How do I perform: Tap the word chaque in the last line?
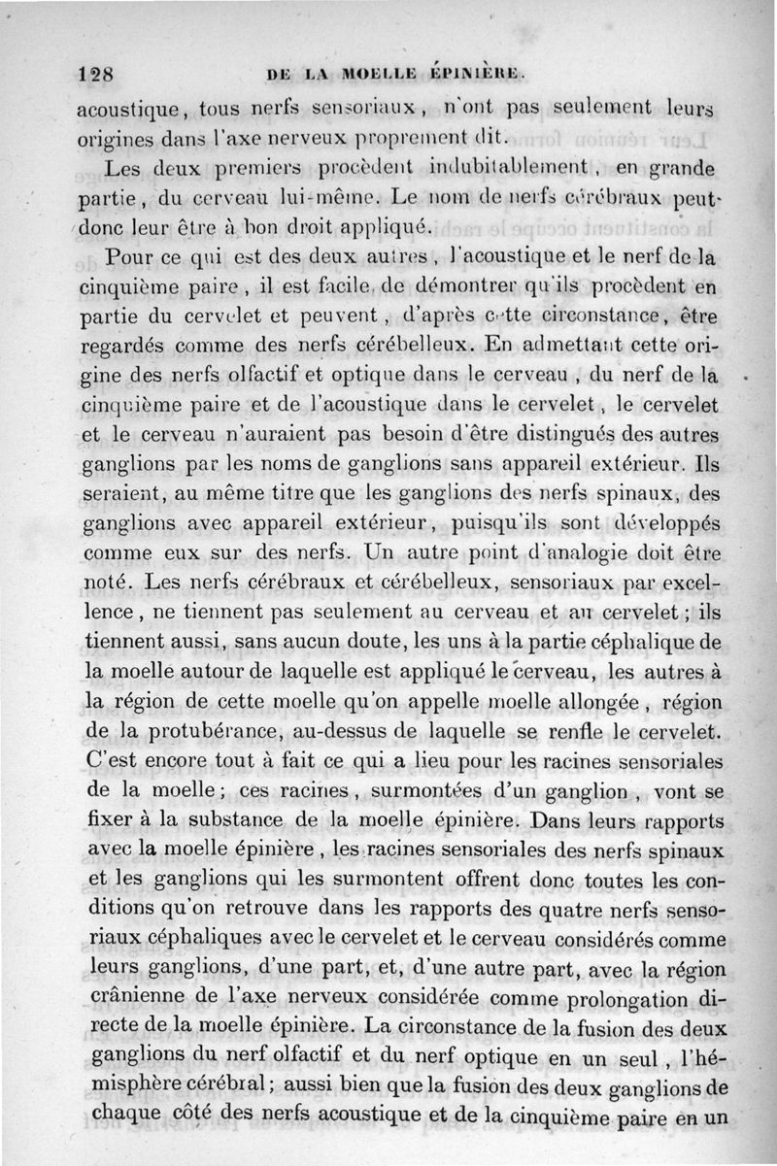(x=122, y=1116)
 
